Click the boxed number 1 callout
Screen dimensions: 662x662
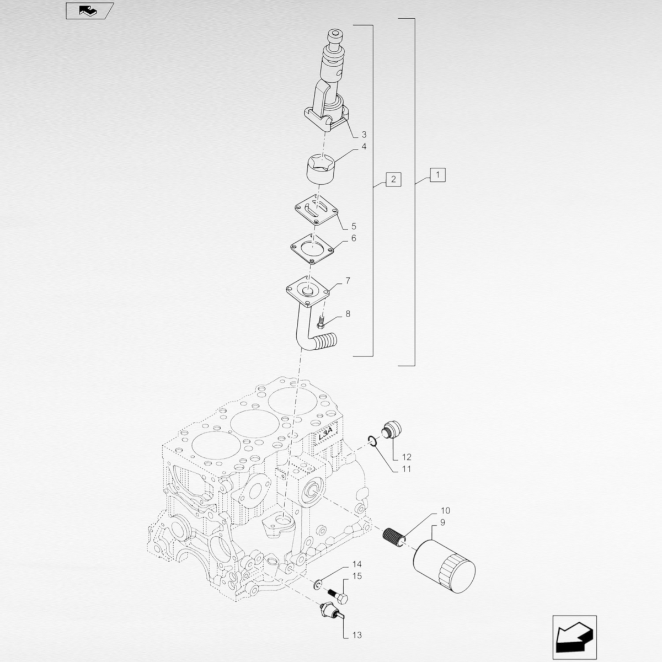tap(437, 175)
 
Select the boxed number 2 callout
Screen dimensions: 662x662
tap(393, 179)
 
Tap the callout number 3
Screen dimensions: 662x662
tap(364, 134)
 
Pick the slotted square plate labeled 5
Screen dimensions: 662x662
tap(317, 210)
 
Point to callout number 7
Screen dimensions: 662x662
tap(348, 281)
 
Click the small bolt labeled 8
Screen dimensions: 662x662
tap(321, 321)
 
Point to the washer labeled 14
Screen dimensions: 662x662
tap(318, 584)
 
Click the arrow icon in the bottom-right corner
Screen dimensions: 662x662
tap(574, 637)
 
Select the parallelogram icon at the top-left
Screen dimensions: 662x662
tap(90, 10)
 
